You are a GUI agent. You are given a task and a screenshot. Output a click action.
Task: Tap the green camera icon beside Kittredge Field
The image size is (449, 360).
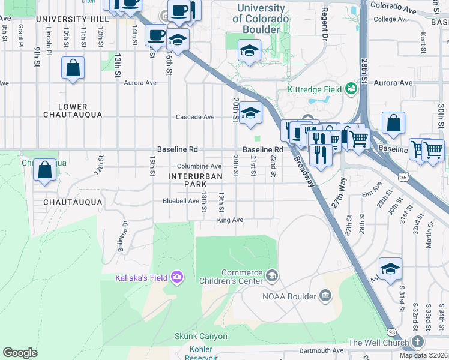coord(351,89)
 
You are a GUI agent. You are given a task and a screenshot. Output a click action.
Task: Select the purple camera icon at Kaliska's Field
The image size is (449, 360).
coord(177,277)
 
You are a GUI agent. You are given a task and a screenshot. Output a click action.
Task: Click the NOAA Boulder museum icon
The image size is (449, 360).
coord(325,295)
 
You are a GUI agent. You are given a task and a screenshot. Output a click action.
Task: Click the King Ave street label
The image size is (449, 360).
coord(230,220)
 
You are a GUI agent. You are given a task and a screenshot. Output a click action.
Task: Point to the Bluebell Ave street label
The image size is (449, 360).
coord(181,201)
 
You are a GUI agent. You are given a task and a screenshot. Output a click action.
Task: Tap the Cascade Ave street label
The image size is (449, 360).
coord(194,117)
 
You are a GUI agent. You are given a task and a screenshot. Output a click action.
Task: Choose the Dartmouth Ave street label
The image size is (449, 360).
coord(321,350)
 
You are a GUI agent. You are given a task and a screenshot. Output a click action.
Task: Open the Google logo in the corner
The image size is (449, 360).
coord(20,353)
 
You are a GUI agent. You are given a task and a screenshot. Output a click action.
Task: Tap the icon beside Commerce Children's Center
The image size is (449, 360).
coord(272,275)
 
